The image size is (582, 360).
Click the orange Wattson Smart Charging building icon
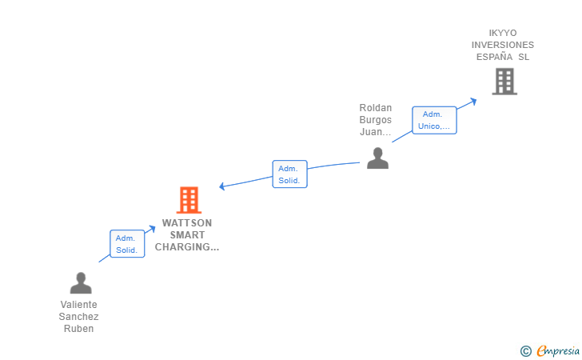189,200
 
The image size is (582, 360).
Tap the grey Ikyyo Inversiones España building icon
504,82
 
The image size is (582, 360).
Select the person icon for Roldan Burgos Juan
377,158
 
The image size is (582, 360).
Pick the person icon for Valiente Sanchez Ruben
81,283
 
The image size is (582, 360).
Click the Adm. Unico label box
434,120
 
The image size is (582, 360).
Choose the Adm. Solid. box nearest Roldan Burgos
289,174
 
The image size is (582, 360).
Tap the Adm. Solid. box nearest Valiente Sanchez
126,244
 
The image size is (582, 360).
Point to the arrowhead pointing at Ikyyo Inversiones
473,101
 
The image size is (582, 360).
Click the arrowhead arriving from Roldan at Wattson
223,187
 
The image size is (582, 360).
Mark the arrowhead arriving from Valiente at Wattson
152,229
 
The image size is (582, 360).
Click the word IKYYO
503,33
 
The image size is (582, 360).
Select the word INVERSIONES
503,45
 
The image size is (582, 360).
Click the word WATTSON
187,223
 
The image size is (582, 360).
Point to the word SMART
187,235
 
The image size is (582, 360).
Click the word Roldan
376,108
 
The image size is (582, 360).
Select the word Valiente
78,305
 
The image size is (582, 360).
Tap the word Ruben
78,329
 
